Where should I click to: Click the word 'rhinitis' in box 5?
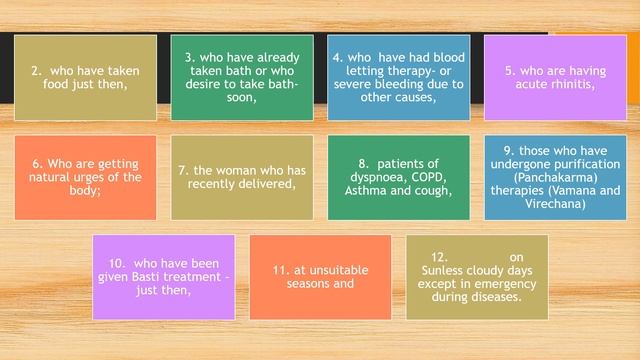click(571, 85)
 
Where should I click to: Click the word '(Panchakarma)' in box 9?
click(540, 177)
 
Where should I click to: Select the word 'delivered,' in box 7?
click(264, 184)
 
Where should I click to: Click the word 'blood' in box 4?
click(446, 58)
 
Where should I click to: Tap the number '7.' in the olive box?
click(184, 171)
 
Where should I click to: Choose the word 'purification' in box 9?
click(557, 164)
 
